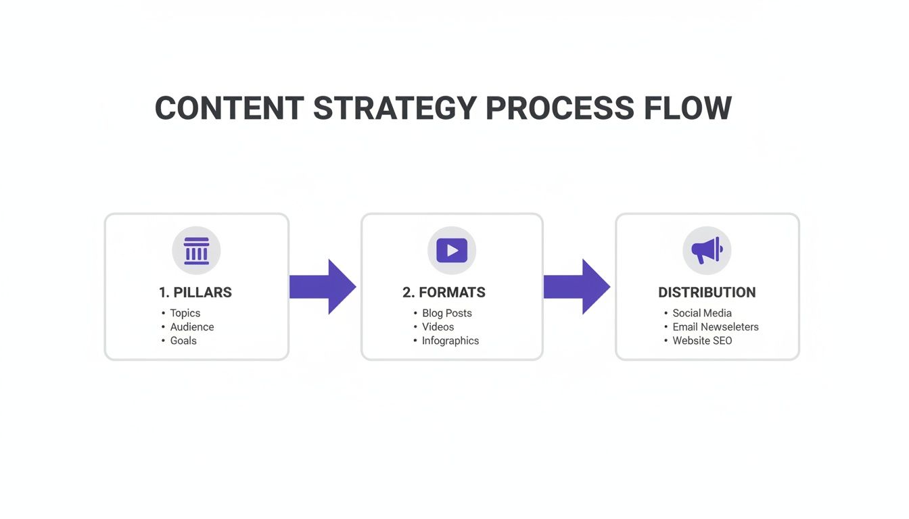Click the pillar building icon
[196, 251]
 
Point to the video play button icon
[452, 251]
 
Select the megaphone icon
[707, 251]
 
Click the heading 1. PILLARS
[195, 293]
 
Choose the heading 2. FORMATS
[444, 293]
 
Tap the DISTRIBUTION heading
[707, 293]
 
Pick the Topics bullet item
[185, 313]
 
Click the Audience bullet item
[191, 327]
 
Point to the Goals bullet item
[183, 341]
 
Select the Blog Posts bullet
[446, 313]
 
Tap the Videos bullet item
[438, 327]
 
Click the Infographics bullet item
[450, 341]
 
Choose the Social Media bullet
[701, 313]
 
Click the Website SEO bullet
[701, 341]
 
